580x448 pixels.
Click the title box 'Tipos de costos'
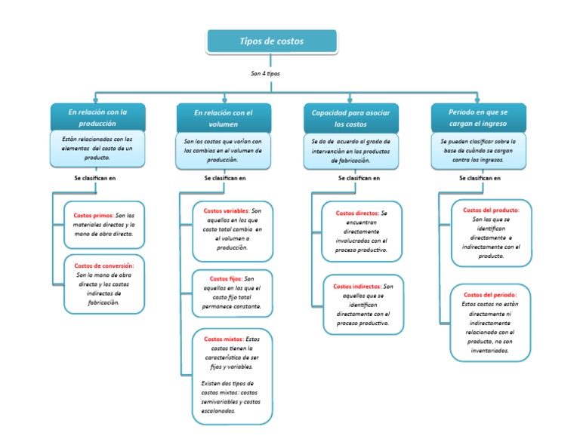click(271, 41)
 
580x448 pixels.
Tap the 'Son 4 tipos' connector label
click(265, 74)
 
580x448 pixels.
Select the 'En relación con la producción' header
click(97, 117)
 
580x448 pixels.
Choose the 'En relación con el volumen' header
click(222, 118)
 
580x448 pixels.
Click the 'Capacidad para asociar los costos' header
click(350, 118)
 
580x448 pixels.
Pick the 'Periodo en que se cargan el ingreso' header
click(478, 117)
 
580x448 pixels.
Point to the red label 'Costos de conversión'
click(104, 265)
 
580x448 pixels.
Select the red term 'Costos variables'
click(226, 211)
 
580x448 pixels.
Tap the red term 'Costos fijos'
click(225, 278)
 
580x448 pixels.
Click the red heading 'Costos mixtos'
click(224, 339)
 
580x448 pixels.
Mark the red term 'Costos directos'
click(356, 213)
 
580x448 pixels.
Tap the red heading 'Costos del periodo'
click(489, 295)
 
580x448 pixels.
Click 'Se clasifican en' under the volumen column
click(225, 179)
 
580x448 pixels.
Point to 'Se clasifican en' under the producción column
click(95, 178)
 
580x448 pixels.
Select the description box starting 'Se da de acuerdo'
click(350, 150)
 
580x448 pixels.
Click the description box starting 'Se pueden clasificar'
click(478, 150)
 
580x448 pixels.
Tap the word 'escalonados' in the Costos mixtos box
click(219, 412)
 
